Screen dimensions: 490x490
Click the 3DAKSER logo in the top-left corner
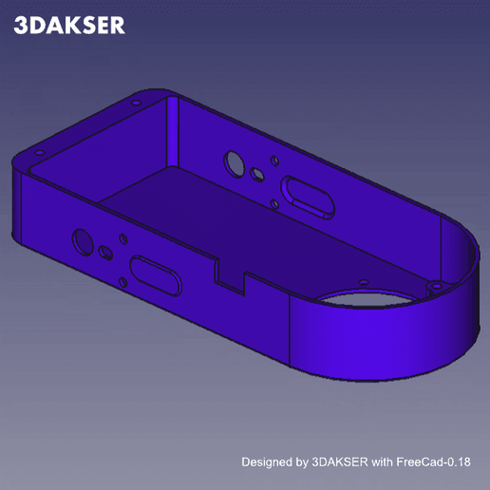pos(69,26)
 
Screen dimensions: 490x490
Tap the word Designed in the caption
pos(268,462)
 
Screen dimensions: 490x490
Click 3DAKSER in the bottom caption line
pos(337,462)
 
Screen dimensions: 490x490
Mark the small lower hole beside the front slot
pos(122,281)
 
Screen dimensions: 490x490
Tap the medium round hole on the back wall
pos(257,175)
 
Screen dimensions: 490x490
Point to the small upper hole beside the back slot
pos(273,161)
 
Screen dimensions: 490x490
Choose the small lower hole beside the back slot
pos(273,202)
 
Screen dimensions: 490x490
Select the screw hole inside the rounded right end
pos(435,284)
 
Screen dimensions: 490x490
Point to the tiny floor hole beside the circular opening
pos(362,281)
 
